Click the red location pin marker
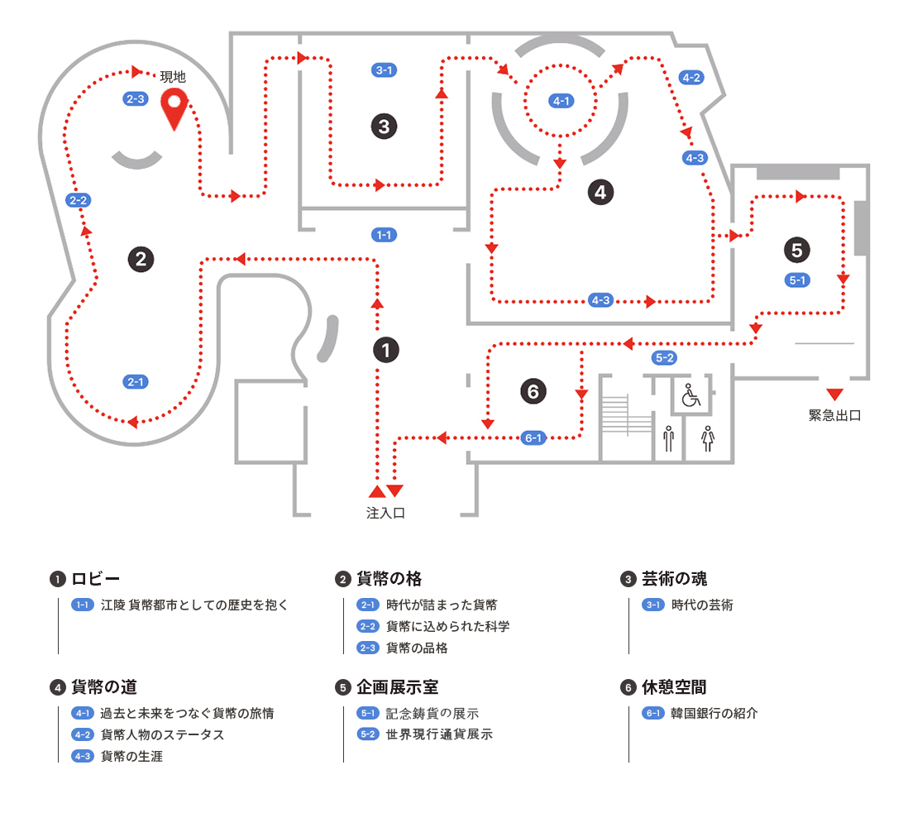pyautogui.click(x=174, y=108)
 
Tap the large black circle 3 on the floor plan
pyautogui.click(x=384, y=127)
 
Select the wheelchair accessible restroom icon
pyautogui.click(x=691, y=396)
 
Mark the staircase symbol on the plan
pyautogui.click(x=615, y=413)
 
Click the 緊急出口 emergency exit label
pyautogui.click(x=834, y=415)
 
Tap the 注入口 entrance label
pyautogui.click(x=385, y=513)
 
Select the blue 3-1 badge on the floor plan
pyautogui.click(x=384, y=70)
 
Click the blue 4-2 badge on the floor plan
pyautogui.click(x=691, y=78)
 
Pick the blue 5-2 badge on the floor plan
pyautogui.click(x=665, y=358)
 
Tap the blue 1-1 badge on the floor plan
pyautogui.click(x=384, y=235)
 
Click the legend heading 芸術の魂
pyautogui.click(x=674, y=578)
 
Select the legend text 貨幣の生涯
pyautogui.click(x=131, y=756)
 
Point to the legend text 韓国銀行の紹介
pyautogui.click(x=714, y=713)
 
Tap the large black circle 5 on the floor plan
pyautogui.click(x=797, y=249)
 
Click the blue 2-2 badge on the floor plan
pyautogui.click(x=79, y=200)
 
